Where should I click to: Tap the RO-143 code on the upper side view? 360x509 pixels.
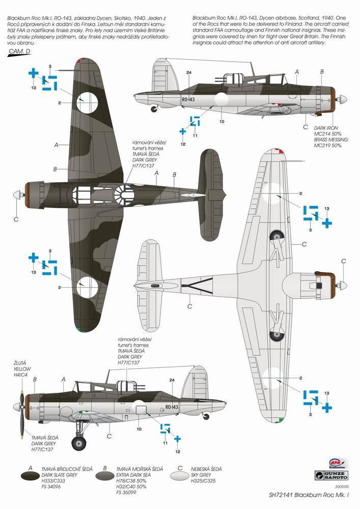click(x=187, y=100)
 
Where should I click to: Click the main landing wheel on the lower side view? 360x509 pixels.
click(x=79, y=443)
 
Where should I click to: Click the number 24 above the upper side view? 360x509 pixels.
click(x=188, y=72)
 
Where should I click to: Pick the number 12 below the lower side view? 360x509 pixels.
click(x=178, y=451)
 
